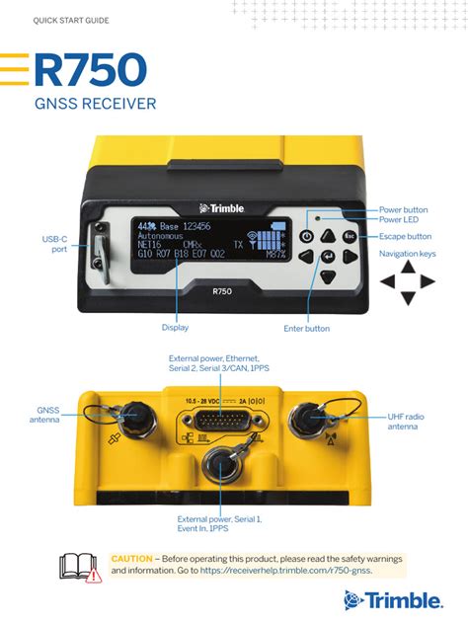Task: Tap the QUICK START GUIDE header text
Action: [x=71, y=21]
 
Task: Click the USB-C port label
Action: [x=54, y=244]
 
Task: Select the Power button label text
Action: [x=403, y=209]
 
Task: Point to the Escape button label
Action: [x=405, y=237]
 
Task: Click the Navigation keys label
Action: [x=407, y=254]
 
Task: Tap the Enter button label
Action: [x=306, y=328]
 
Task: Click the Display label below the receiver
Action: [x=175, y=327]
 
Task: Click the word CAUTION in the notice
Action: [x=131, y=559]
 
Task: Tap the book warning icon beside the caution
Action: [x=80, y=567]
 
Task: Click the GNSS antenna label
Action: [x=48, y=415]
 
